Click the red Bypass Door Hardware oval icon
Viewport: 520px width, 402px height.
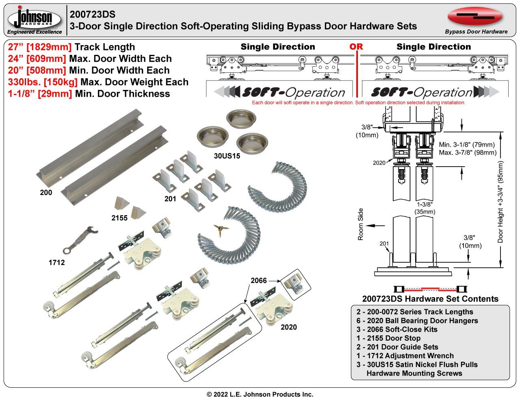coord(475,16)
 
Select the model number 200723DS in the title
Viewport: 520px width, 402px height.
coord(93,15)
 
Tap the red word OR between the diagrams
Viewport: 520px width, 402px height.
coord(356,47)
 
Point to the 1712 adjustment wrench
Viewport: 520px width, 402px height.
coord(80,239)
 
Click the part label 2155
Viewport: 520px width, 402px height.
coord(119,218)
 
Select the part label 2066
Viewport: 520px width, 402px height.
coord(259,280)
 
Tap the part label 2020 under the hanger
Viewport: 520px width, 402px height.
coord(288,327)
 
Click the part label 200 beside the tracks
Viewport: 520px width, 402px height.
coord(46,193)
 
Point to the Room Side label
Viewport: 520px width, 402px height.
coord(361,224)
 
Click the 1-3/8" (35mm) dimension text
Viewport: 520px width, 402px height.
coord(425,208)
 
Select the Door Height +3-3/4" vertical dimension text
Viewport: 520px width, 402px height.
coord(500,202)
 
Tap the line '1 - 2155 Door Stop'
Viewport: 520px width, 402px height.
coord(388,338)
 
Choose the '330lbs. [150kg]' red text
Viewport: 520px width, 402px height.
coord(43,82)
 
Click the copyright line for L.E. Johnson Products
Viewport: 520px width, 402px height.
coord(260,394)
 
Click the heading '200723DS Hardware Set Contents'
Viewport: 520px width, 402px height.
coord(430,299)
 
